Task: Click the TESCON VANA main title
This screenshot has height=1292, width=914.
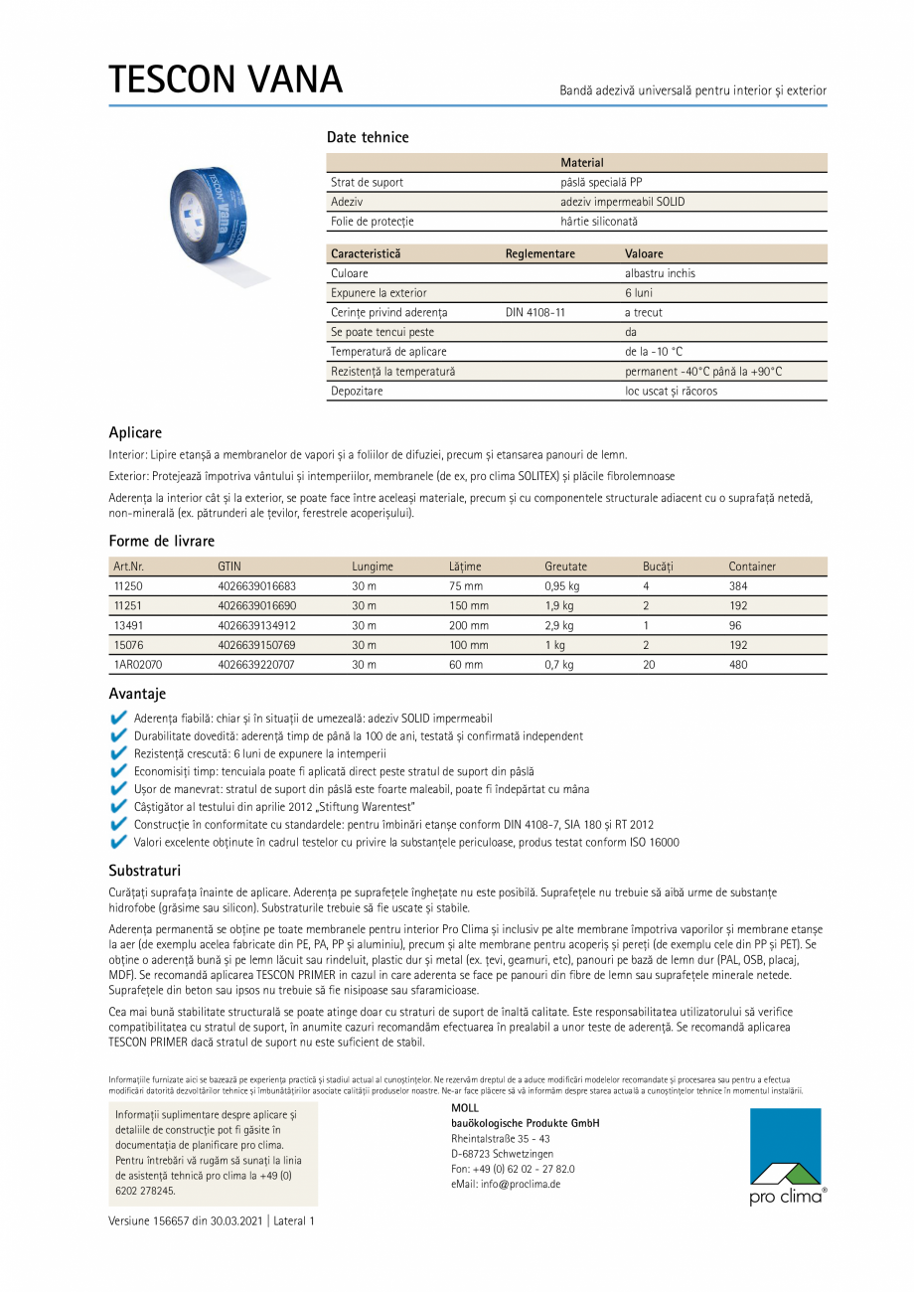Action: pyautogui.click(x=226, y=80)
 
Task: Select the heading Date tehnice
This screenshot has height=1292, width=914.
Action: pyautogui.click(x=368, y=137)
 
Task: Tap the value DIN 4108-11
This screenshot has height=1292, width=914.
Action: pyautogui.click(x=535, y=312)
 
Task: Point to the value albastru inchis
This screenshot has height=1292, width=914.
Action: pyautogui.click(x=660, y=273)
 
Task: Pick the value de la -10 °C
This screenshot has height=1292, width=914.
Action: pyautogui.click(x=654, y=352)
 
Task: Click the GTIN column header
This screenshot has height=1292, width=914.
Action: pyautogui.click(x=229, y=566)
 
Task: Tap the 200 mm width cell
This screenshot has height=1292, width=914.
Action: pyautogui.click(x=468, y=626)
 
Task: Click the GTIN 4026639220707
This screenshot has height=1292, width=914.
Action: pyautogui.click(x=256, y=665)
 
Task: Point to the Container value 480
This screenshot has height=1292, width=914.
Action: pyautogui.click(x=738, y=665)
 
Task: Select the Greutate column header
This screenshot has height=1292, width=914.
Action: pyautogui.click(x=565, y=566)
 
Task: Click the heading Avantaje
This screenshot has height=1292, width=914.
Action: pyautogui.click(x=137, y=694)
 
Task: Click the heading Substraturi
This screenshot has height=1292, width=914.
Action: pyautogui.click(x=144, y=871)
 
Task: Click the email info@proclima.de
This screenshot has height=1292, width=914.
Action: pyautogui.click(x=506, y=1184)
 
